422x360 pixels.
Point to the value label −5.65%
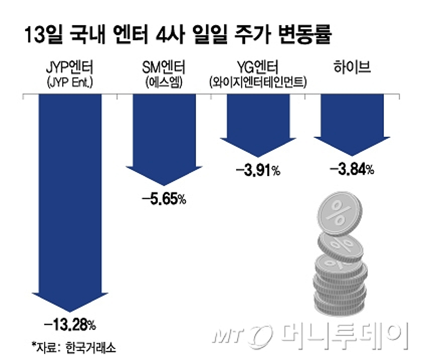pos(164,200)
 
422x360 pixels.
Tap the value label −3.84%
pos(352,169)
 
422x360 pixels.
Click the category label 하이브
pos(352,67)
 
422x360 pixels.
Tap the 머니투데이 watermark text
pos(345,334)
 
